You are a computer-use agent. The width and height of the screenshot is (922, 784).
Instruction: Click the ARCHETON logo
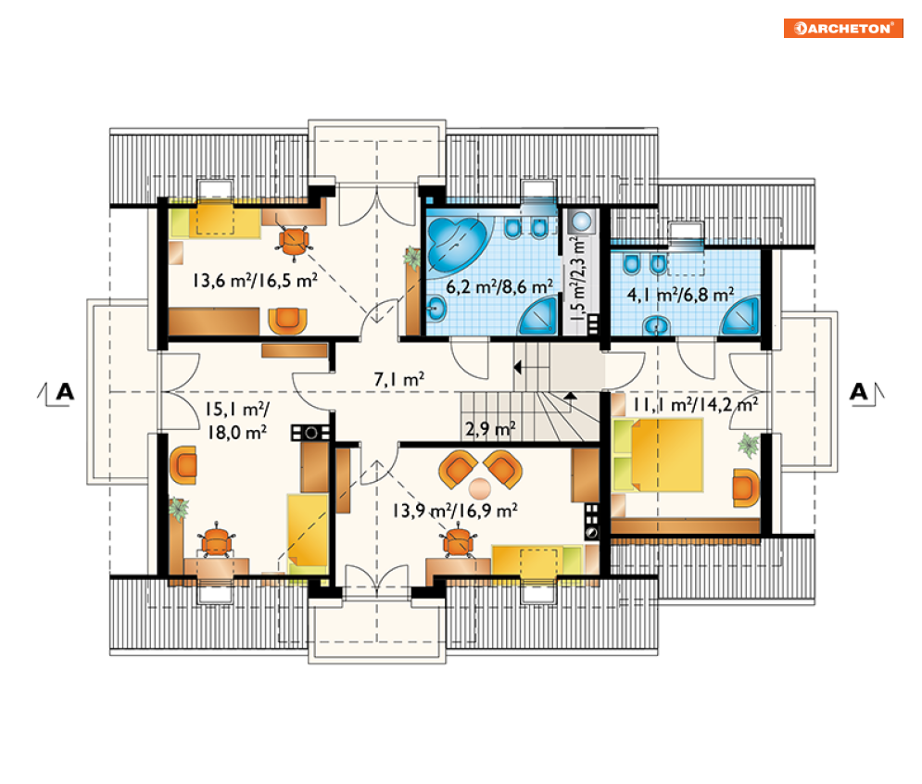click(x=842, y=28)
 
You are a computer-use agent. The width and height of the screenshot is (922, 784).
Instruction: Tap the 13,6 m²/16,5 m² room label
click(x=255, y=280)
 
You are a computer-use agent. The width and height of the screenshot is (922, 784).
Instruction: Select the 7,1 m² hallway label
click(x=399, y=379)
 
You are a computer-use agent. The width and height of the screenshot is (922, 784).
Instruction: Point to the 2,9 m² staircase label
click(x=490, y=429)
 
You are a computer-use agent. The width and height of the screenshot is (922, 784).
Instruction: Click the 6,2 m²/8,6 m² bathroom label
click(x=499, y=287)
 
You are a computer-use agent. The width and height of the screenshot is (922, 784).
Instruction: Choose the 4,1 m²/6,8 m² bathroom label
click(x=680, y=294)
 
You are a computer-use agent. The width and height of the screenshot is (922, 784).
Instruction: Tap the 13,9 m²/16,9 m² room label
click(x=455, y=510)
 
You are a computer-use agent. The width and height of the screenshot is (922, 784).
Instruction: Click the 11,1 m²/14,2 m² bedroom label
click(x=695, y=405)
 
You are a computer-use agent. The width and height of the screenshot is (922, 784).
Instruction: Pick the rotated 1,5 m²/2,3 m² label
click(x=578, y=276)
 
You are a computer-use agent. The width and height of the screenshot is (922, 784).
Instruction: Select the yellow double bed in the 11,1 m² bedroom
click(x=657, y=455)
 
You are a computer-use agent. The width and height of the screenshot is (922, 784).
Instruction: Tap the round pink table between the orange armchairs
click(x=480, y=487)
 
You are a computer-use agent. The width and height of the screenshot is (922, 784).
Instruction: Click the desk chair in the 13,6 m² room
click(x=294, y=240)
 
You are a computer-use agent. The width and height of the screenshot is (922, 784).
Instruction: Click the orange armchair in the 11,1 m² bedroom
click(x=746, y=487)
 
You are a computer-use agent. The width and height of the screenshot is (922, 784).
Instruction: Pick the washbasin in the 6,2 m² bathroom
click(x=436, y=308)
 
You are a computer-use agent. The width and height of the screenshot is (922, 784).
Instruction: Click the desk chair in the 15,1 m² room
click(x=216, y=539)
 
